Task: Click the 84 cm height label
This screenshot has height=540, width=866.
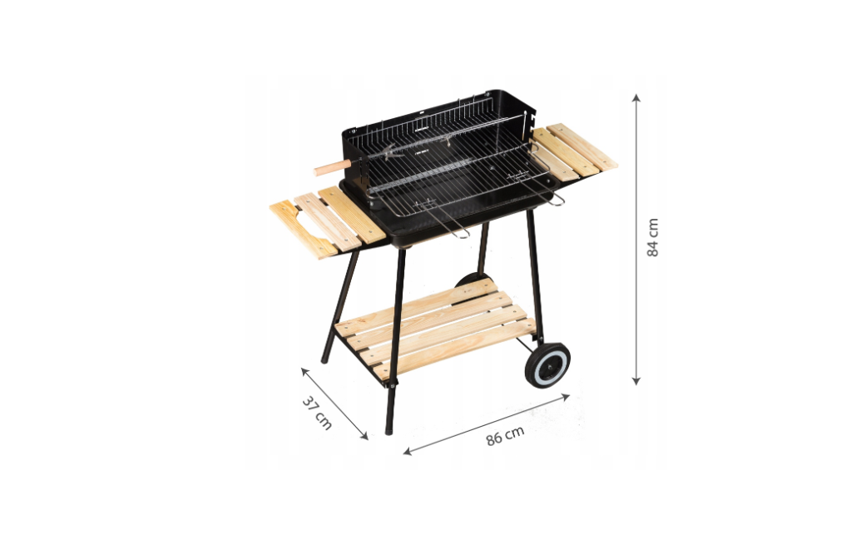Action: coord(653,237)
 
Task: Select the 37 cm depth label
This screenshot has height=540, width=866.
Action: coord(317,414)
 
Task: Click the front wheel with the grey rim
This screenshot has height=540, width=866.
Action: coord(547,365)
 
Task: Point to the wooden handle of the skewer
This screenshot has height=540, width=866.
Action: coord(332,167)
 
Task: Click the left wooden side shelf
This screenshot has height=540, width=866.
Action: coord(327,221)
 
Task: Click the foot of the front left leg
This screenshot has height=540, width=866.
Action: coord(388,429)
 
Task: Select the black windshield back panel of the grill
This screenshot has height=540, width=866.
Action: coord(433,112)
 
